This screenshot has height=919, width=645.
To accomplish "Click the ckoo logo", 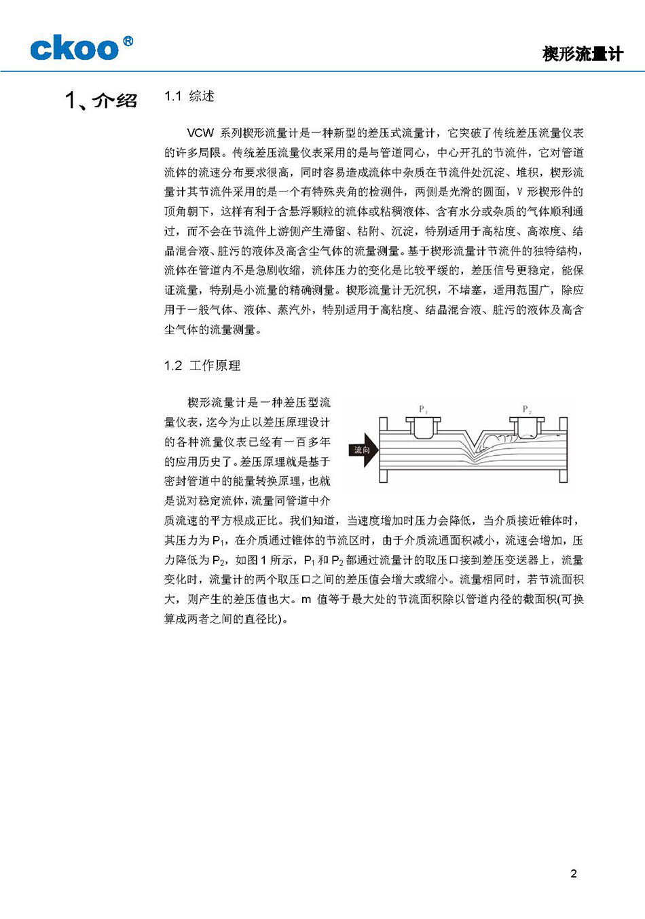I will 74,49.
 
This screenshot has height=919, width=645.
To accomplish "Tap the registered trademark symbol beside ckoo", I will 128,41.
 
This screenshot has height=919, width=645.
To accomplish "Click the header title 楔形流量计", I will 583,54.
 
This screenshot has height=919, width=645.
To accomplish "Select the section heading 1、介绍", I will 101,101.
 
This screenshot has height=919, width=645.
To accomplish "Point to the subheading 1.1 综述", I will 189,96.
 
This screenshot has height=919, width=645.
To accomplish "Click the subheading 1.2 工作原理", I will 202,365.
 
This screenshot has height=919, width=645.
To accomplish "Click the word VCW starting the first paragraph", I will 200,133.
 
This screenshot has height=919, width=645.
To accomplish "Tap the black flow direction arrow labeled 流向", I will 365,450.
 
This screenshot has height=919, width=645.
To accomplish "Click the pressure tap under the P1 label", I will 423,428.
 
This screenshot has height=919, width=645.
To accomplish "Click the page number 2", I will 574,873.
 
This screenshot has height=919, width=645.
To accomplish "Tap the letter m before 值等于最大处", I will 306,599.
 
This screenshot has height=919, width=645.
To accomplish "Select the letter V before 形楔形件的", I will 520,192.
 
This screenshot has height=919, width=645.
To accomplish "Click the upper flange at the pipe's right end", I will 563,422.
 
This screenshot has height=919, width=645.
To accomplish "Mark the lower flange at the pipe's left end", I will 383,476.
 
